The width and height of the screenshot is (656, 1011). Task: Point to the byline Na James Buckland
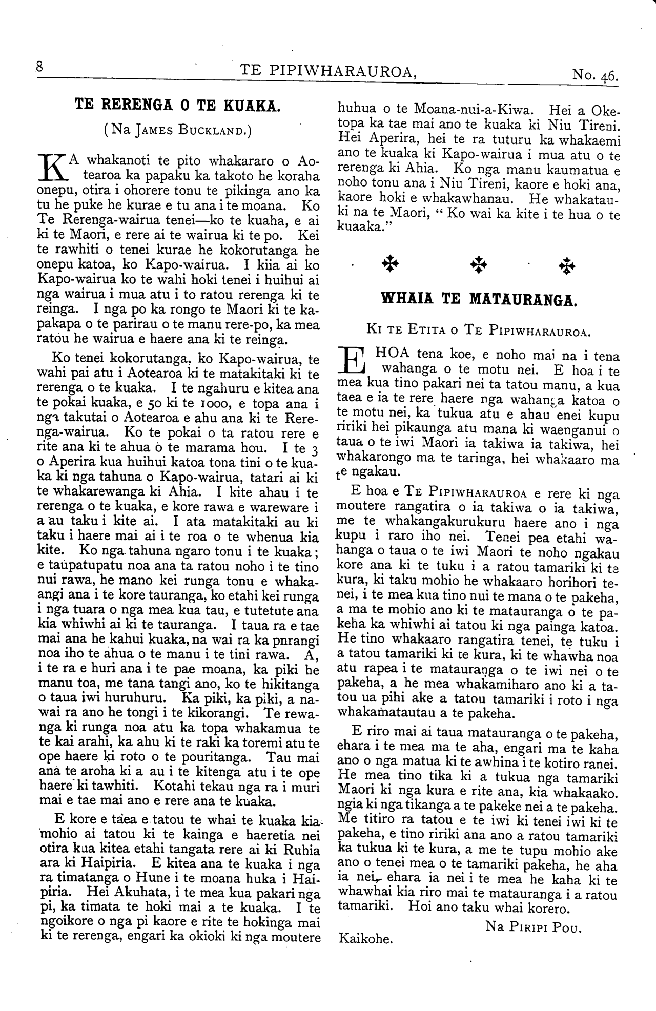pos(177,129)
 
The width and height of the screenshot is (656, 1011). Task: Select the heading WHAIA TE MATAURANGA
pos(480,299)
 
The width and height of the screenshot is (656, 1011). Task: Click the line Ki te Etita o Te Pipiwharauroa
pos(479,331)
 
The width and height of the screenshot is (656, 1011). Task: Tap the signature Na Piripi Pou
pos(532,926)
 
